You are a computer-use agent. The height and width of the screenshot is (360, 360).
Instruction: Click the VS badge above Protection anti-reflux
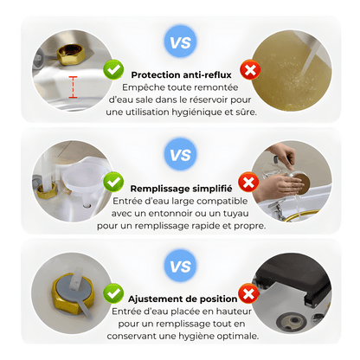pos(180,42)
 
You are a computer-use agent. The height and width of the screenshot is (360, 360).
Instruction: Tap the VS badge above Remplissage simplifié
pos(180,154)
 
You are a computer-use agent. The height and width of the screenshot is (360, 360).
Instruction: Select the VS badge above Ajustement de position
pos(180,266)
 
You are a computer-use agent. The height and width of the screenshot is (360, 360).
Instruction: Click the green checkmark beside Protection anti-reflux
pos(113,69)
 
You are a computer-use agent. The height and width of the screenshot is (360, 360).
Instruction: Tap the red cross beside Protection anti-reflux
pos(250,69)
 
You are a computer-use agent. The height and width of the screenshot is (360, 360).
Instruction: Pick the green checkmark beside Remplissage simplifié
pos(113,182)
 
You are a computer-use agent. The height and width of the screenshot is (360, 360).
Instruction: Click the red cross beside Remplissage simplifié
pos(248,182)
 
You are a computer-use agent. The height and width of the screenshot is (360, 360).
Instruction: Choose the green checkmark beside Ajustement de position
pos(113,293)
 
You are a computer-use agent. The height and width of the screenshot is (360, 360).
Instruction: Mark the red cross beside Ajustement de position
pos(248,293)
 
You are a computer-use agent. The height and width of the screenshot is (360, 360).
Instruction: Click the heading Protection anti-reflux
pos(181,75)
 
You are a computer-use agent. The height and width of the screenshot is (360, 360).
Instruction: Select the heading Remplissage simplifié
pos(181,189)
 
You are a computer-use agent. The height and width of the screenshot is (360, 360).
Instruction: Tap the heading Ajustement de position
pos(183,299)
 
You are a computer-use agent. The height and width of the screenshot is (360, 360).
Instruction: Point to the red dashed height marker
pos(73,87)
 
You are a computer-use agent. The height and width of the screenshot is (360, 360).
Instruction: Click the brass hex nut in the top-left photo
pos(71,55)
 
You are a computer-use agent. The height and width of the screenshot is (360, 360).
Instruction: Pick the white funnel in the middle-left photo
pos(83,183)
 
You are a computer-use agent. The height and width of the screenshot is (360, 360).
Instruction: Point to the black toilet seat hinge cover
pos(293,278)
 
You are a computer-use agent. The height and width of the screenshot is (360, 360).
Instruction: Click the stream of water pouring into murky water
pos(310,57)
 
